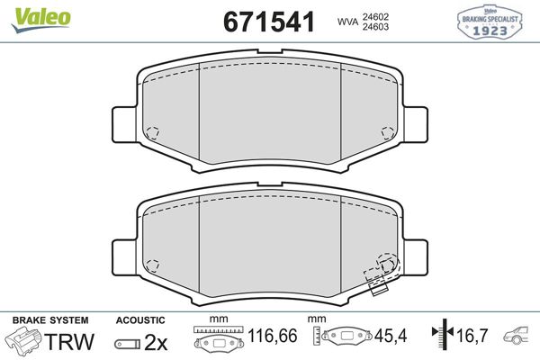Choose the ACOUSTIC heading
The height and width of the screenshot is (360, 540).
tap(141, 319)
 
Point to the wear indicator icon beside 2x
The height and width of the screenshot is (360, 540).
tap(126, 343)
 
